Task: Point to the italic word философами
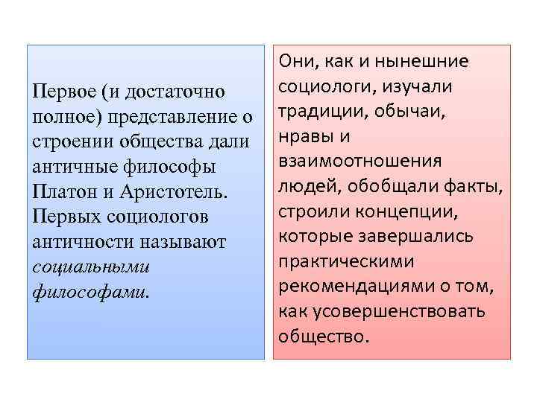pyautogui.click(x=89, y=292)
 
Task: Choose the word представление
pyautogui.click(x=168, y=117)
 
